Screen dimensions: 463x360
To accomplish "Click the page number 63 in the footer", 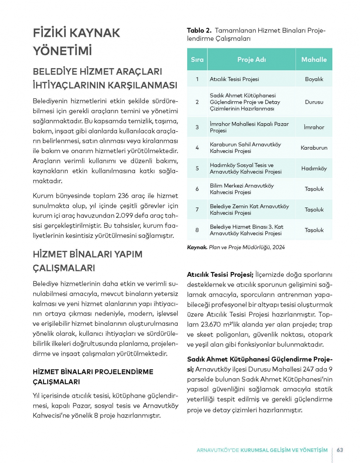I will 340,450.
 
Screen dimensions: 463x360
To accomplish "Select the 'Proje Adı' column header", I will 251,59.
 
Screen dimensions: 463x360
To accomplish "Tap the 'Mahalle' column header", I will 314,59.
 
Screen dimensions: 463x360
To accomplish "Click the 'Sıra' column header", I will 197,59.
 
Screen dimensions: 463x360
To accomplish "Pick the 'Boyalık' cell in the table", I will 314,79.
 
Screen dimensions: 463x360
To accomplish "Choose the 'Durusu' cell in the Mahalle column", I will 314,102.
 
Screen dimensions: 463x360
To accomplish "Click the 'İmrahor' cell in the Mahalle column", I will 314,127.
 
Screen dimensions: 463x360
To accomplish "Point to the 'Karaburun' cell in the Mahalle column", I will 314,148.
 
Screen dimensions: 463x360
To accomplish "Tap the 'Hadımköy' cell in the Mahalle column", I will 314,168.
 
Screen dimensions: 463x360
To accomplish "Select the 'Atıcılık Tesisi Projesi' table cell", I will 234,79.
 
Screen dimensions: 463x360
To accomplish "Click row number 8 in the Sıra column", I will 197,230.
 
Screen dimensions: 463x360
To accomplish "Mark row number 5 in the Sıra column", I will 197,168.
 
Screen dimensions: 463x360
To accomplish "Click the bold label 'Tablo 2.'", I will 199,31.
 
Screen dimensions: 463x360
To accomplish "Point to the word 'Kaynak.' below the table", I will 197,247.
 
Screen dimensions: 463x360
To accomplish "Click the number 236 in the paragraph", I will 123,196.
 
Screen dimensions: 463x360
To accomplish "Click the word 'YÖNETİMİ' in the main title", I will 62,50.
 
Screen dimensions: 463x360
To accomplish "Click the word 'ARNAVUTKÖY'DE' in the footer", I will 218,450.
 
